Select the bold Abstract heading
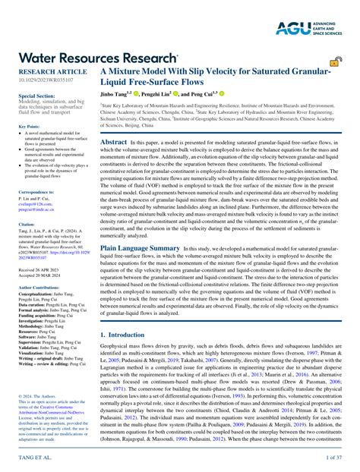(114, 142)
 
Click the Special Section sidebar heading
(36, 97)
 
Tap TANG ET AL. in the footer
(33, 459)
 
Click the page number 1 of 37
(335, 459)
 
